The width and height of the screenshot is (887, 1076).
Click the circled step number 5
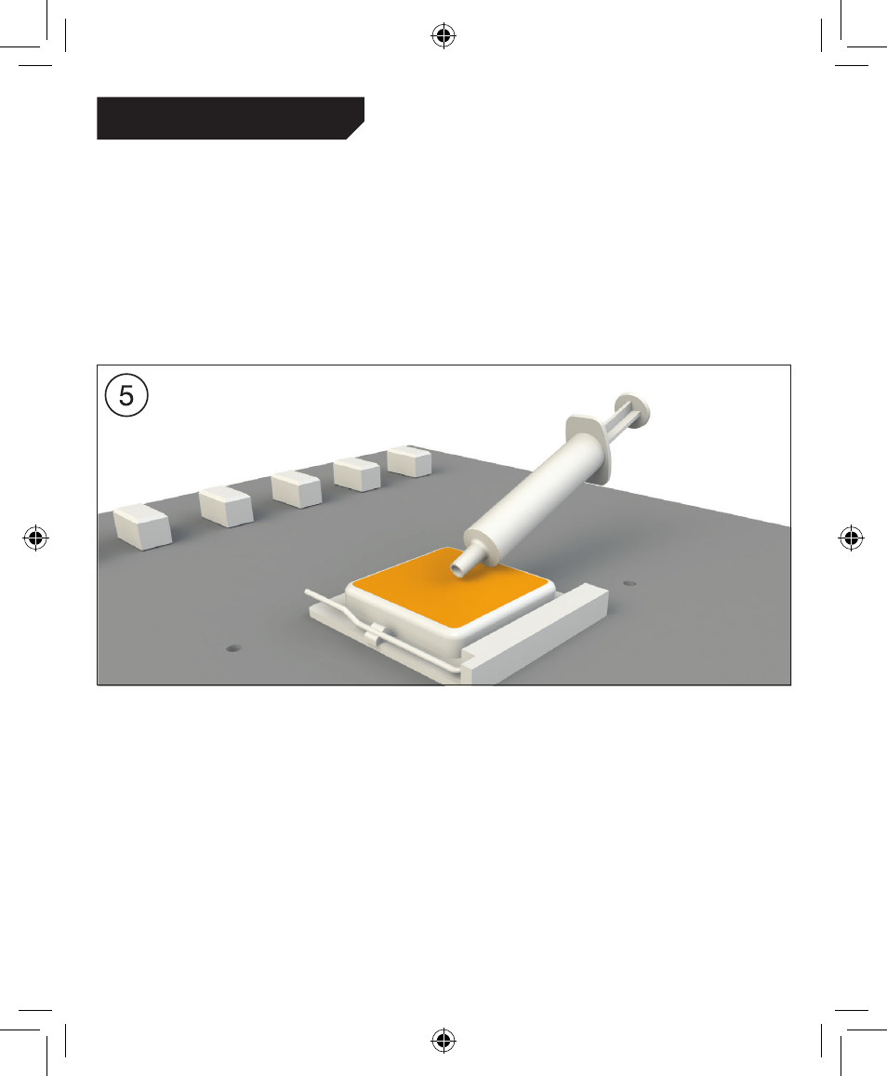(126, 395)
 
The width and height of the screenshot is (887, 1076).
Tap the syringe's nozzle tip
(457, 567)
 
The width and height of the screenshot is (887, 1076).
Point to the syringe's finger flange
(589, 447)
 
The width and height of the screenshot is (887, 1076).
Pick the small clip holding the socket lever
(377, 632)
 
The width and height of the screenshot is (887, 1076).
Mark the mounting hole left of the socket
(233, 648)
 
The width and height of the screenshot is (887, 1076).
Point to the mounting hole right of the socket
(629, 583)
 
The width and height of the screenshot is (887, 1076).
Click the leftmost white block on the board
(142, 526)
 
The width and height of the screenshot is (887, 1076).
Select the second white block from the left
(226, 507)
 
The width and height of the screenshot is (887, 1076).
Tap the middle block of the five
(297, 489)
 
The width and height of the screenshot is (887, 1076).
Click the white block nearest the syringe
(409, 461)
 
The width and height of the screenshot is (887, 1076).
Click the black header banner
(231, 118)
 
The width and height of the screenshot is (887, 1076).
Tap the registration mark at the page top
(443, 35)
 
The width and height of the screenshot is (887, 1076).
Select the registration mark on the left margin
(35, 538)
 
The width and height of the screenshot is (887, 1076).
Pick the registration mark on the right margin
(852, 538)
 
